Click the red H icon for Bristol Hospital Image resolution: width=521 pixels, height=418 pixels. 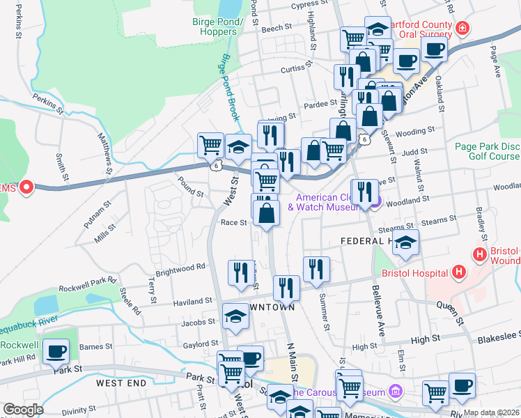click(458, 271)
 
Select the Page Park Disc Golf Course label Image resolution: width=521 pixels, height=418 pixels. click(487, 151)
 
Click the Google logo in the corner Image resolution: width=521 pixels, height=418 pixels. click(23, 409)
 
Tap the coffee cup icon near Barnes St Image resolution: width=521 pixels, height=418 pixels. click(56, 352)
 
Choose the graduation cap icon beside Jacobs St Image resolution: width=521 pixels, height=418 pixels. click(235, 316)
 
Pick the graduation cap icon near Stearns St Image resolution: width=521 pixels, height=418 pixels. click(405, 242)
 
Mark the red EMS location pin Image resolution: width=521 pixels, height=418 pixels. click(27, 187)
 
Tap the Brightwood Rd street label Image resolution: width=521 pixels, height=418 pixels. click(180, 266)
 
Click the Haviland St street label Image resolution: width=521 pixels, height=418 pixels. click(193, 301)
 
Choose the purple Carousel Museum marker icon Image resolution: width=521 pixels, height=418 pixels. click(396, 391)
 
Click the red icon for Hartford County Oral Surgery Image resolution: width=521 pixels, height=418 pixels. click(462, 29)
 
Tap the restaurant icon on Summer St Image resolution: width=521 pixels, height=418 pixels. click(316, 268)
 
